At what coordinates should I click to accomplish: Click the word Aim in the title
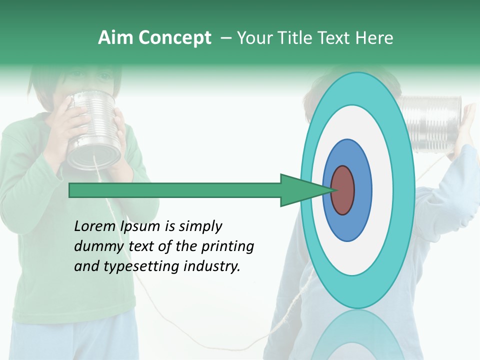point(116,38)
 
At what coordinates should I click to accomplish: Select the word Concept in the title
point(175,38)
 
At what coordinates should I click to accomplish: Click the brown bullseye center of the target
point(342,190)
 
